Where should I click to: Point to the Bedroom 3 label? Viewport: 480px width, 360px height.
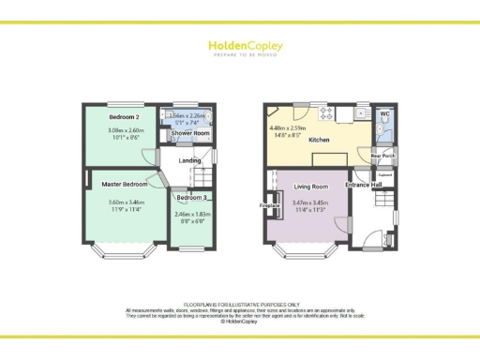pos(191,198)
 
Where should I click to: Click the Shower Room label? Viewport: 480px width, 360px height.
pos(187,134)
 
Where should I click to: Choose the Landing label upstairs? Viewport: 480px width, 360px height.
pos(190,162)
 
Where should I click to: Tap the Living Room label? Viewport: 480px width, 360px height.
pos(309,186)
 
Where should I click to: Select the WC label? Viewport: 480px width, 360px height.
pos(384,113)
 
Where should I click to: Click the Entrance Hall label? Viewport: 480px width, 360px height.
pos(364,185)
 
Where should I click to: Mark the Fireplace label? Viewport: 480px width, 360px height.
pos(268,204)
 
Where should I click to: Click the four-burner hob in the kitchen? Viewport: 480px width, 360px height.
pos(328,114)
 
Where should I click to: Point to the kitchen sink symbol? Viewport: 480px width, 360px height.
pos(362,113)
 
